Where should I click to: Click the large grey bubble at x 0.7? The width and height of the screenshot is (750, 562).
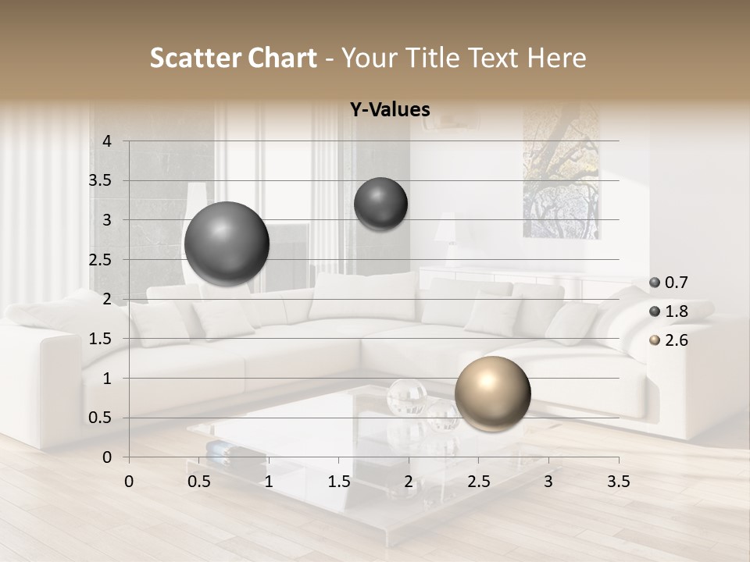click(227, 244)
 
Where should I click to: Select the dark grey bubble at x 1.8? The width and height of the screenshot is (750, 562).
click(380, 204)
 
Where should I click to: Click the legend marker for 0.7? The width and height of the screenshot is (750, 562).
click(655, 283)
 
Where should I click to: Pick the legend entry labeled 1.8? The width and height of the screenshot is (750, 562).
click(676, 311)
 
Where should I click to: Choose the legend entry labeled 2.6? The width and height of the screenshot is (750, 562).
click(676, 340)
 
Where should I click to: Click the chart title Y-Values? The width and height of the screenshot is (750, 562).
click(390, 110)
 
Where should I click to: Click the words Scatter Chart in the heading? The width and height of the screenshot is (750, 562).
click(233, 58)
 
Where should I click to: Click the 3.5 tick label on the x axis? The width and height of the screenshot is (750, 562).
click(618, 482)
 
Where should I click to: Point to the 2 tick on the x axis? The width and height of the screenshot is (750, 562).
click(409, 482)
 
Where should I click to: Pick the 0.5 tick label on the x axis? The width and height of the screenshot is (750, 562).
click(199, 482)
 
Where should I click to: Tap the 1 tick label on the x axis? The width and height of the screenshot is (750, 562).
click(269, 482)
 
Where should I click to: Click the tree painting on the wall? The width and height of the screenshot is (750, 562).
click(561, 172)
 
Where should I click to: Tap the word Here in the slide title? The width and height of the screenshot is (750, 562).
click(555, 58)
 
